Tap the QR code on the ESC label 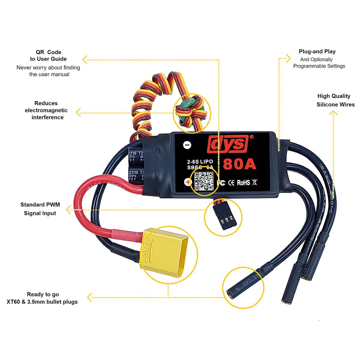[204, 181]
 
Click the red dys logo [228, 144]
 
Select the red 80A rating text [239, 164]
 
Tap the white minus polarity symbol [187, 145]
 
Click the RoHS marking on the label [243, 182]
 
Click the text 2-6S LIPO [200, 162]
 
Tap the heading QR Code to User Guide [48, 55]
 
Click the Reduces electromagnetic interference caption [46, 110]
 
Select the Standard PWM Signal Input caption [40, 209]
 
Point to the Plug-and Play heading [317, 52]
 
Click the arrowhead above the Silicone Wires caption [333, 113]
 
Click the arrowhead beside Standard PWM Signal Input [69, 209]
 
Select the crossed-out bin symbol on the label [255, 182]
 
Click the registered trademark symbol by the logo [251, 137]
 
